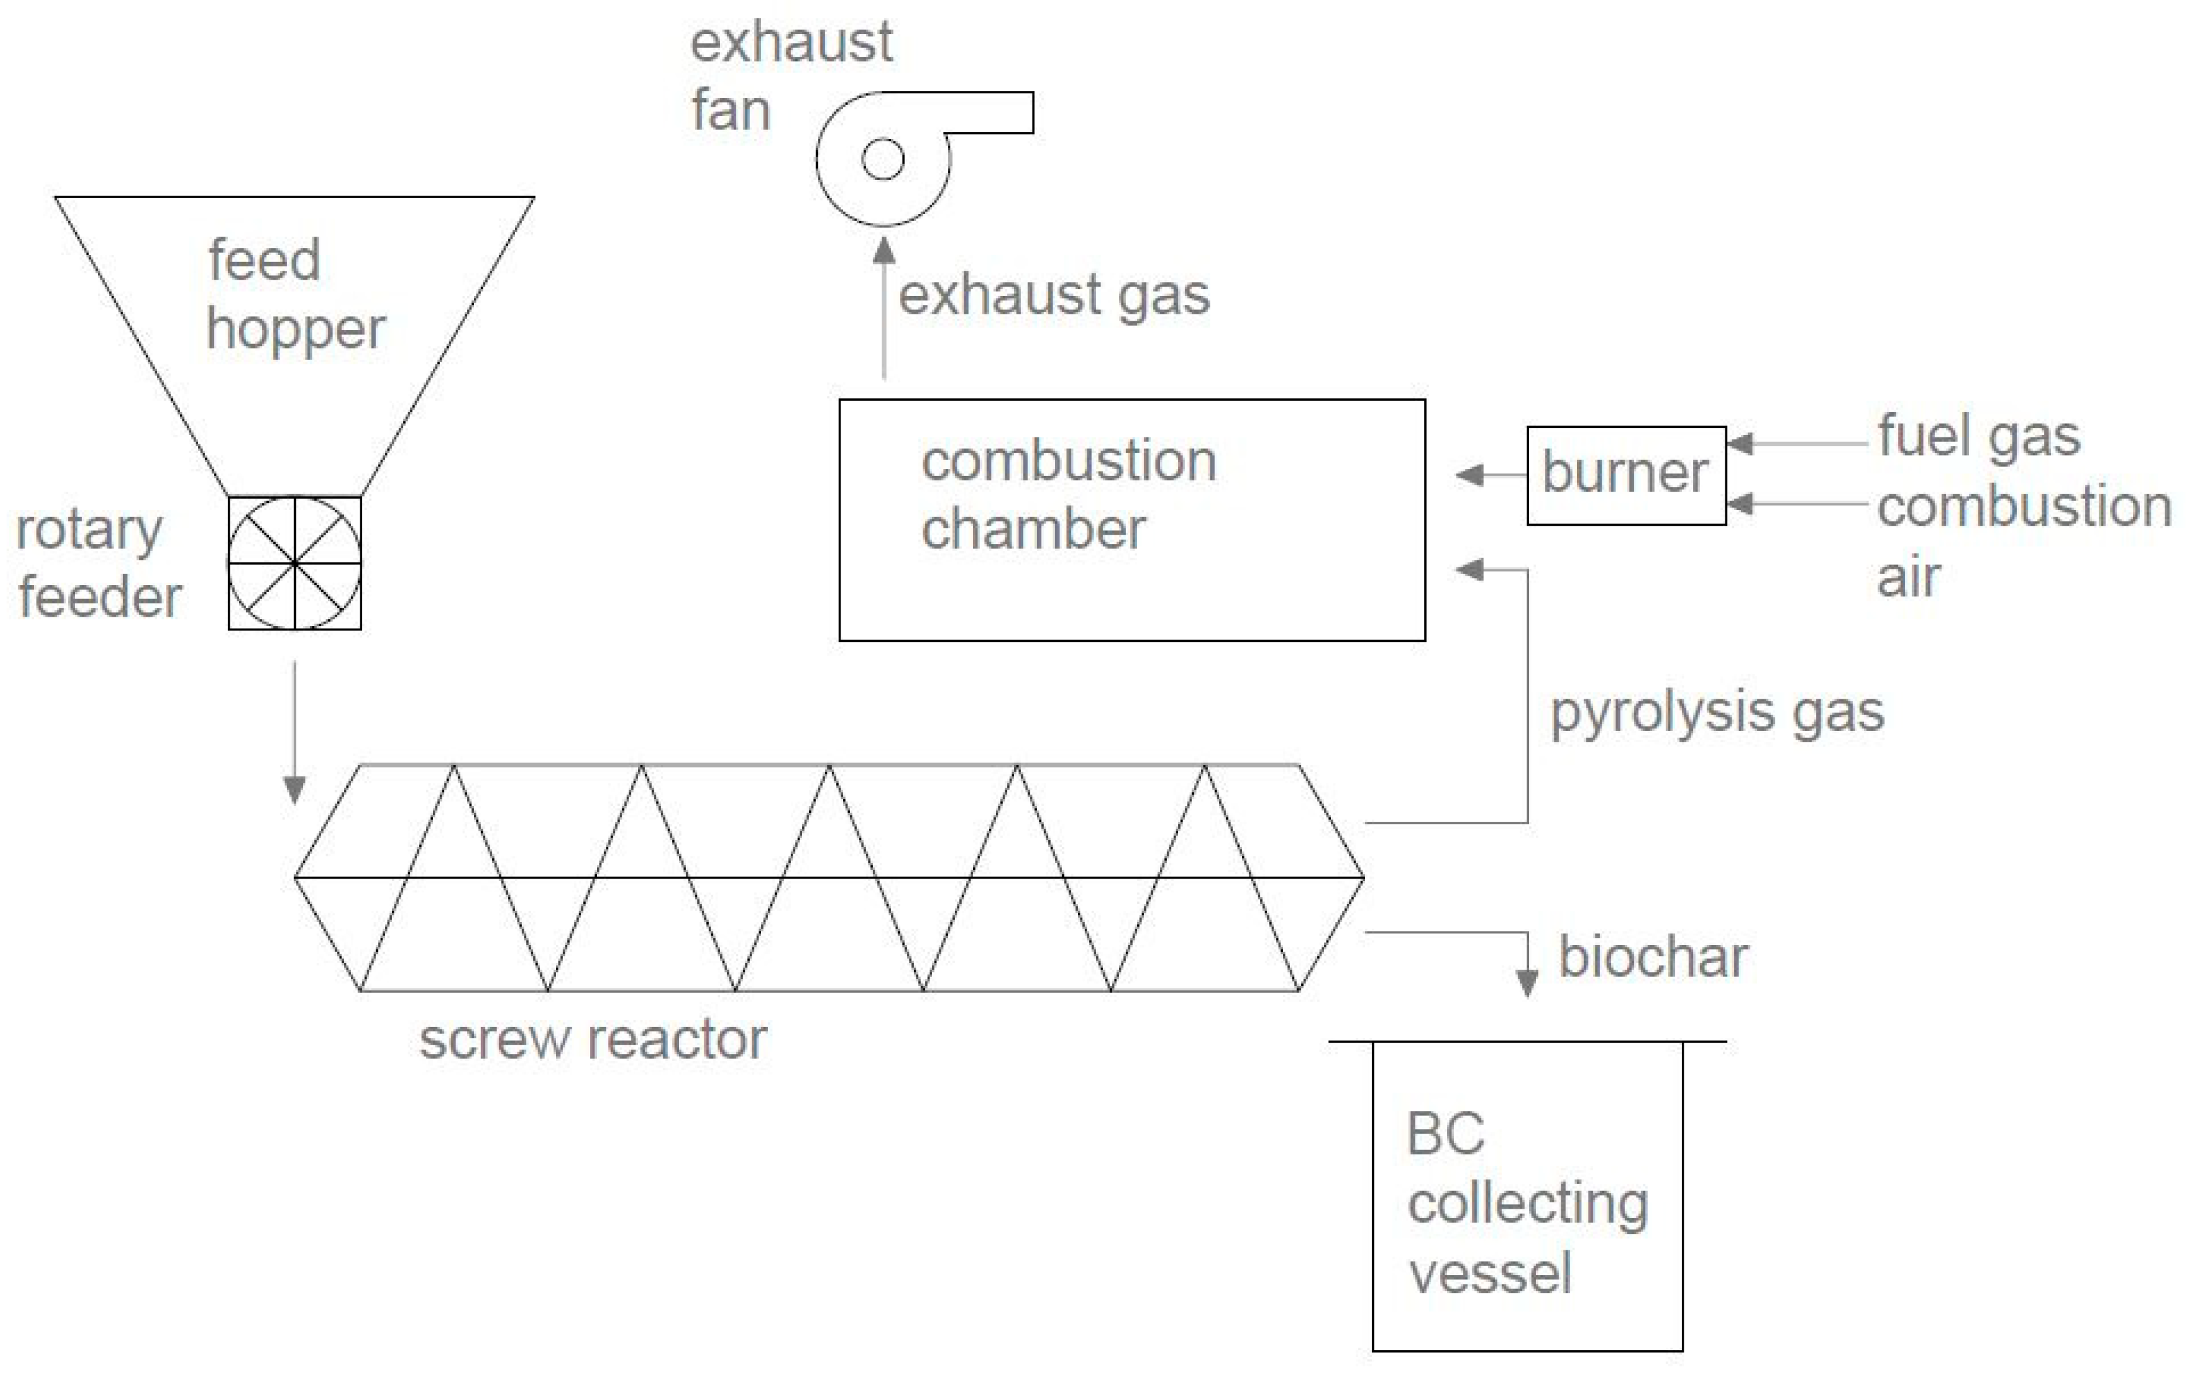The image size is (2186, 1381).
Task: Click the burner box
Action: coord(1626,475)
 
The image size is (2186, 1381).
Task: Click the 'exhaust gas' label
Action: coord(1054,295)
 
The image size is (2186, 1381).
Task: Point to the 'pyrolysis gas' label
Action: coord(1716,713)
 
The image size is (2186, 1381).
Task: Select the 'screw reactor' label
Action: coord(593,1039)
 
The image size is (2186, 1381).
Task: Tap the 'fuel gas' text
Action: coord(1979,437)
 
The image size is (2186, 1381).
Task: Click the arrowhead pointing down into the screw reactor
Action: coord(294,790)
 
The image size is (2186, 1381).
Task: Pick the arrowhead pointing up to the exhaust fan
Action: coord(884,251)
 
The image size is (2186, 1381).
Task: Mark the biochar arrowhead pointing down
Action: coord(1527,983)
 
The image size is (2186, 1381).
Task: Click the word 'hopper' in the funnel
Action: coord(296,329)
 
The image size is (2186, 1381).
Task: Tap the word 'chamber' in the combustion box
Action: coord(1033,530)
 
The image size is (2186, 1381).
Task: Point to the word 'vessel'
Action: coord(1490,1273)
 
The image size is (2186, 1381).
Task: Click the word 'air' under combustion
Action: coord(1908,578)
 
